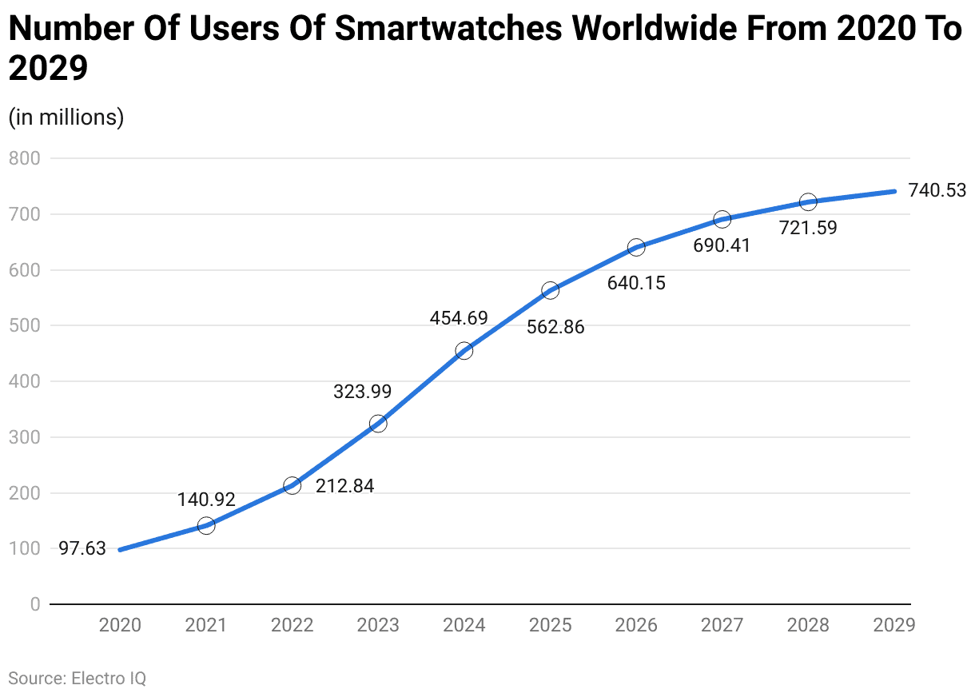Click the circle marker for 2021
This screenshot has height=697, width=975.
tap(206, 525)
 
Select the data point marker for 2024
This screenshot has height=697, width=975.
tap(464, 350)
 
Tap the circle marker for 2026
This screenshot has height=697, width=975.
tap(636, 247)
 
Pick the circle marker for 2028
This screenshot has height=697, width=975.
tap(808, 201)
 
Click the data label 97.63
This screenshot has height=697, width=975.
tap(82, 548)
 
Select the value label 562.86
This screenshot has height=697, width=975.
tap(555, 327)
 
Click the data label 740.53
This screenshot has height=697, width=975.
tap(937, 190)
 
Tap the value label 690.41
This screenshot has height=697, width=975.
tap(722, 245)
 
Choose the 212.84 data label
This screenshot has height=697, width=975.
tap(344, 486)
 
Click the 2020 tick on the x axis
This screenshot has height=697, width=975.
tap(120, 625)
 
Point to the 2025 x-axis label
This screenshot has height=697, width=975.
tap(550, 625)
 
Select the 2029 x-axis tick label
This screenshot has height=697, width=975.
tap(893, 625)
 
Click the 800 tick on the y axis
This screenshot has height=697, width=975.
tap(25, 158)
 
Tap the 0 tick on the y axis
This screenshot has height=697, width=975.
tap(34, 604)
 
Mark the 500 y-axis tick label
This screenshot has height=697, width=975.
tap(25, 325)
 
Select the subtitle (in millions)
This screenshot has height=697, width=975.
tap(66, 117)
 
